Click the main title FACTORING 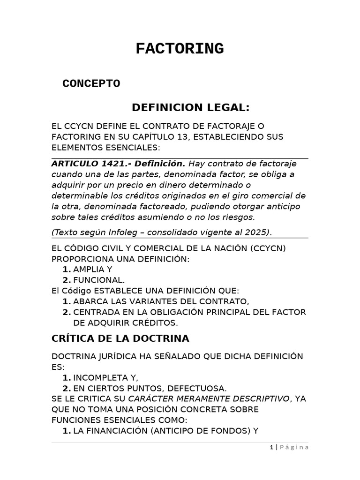click(x=180, y=49)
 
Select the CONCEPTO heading click(x=91, y=84)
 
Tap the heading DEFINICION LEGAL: click(x=191, y=108)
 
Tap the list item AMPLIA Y click(x=93, y=270)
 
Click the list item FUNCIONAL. click(x=99, y=280)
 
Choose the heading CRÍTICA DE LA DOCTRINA click(x=120, y=338)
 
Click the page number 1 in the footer click(x=271, y=447)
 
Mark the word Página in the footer click(x=295, y=447)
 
